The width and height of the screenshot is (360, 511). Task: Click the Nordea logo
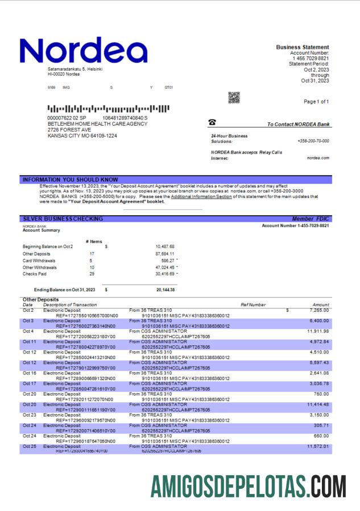82,51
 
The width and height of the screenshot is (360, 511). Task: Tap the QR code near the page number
234,98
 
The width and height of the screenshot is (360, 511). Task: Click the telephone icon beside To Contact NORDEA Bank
212,122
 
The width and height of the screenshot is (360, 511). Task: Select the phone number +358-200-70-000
313,141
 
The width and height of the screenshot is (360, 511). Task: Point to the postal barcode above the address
108,108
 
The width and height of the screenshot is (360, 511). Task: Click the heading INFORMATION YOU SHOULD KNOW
70,180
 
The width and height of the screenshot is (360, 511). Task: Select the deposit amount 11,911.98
317,331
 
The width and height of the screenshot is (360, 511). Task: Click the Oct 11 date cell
29,341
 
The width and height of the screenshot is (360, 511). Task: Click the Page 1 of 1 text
316,101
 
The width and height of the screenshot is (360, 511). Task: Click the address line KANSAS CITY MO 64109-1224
82,136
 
